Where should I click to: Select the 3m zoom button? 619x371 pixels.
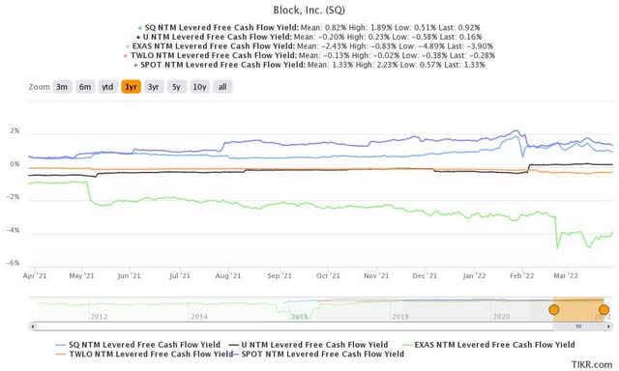[x=61, y=86]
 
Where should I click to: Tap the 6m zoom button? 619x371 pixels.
[x=85, y=86]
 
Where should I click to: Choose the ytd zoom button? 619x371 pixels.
[x=107, y=86]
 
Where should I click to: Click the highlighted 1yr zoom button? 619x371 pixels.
[x=130, y=86]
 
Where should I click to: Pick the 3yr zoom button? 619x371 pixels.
[x=152, y=86]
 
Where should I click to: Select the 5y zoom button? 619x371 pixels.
[x=174, y=86]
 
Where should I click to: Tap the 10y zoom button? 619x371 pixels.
[x=198, y=86]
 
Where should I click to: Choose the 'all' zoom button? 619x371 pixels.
[x=222, y=86]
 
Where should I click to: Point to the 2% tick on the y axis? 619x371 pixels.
[x=15, y=131]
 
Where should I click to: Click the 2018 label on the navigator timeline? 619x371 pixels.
[x=399, y=316]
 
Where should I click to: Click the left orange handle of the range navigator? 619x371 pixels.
[x=554, y=309]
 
